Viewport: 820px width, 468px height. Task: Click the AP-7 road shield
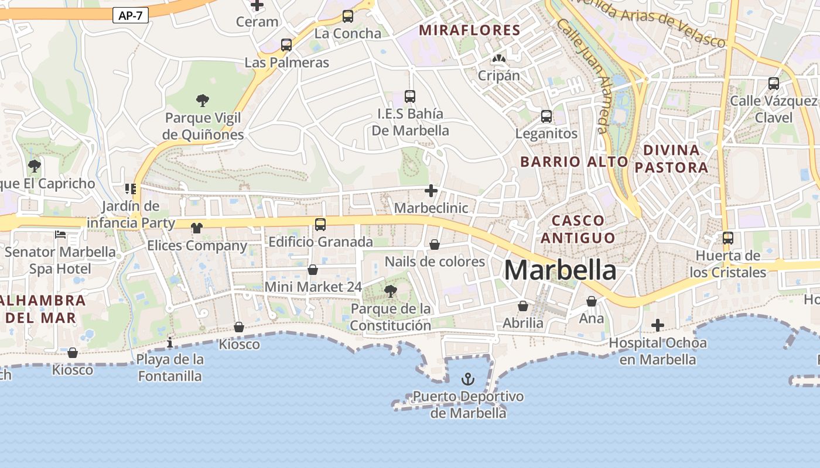130,16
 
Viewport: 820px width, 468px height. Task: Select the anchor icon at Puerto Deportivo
467,379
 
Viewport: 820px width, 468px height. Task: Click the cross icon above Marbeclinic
431,191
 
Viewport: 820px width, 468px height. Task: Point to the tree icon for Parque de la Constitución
390,291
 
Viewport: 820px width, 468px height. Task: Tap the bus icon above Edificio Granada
320,224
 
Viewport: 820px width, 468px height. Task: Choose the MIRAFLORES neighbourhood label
470,30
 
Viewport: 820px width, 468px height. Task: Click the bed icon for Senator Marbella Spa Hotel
60,235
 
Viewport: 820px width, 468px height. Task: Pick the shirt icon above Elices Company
197,228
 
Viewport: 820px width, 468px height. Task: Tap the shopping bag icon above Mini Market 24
313,270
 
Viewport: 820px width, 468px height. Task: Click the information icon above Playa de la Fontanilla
170,342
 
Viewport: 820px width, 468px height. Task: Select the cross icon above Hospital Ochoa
658,325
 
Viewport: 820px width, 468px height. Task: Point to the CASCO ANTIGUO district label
578,229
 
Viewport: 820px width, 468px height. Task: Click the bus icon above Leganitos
546,116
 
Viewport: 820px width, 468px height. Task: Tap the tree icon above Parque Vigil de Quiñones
203,101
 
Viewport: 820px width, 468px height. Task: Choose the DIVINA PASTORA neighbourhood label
671,159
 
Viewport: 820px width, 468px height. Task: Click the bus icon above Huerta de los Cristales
727,238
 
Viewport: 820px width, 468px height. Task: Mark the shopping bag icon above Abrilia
523,306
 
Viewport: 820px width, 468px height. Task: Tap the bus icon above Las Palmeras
286,44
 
